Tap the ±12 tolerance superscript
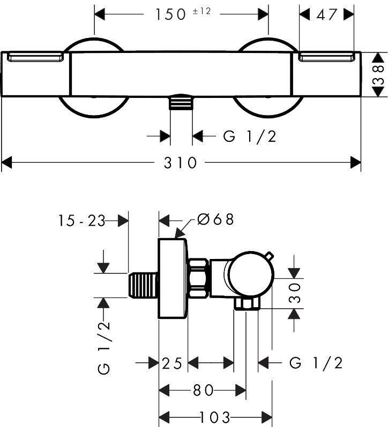202,11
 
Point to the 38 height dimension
378,75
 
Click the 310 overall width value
181,162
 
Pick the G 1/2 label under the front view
249,136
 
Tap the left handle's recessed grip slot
36,58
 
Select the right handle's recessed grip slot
327,58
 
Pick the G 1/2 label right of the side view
316,364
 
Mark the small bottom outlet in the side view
246,304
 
